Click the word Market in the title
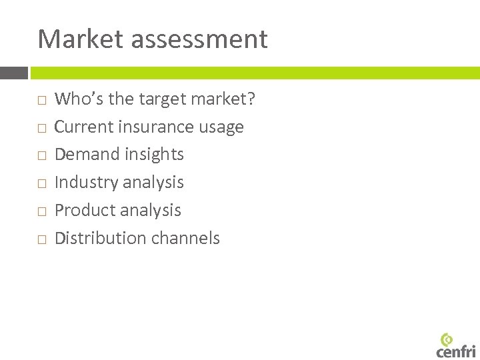pyautogui.click(x=81, y=39)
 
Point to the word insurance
pyautogui.click(x=154, y=127)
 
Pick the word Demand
pyautogui.click(x=85, y=155)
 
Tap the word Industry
pyautogui.click(x=85, y=183)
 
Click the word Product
pyautogui.click(x=83, y=210)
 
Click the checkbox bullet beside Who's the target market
pyautogui.click(x=41, y=100)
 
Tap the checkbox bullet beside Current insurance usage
pyautogui.click(x=41, y=128)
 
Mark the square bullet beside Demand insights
pyautogui.click(x=41, y=156)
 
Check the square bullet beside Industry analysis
pyautogui.click(x=41, y=183)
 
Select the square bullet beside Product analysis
pyautogui.click(x=41, y=211)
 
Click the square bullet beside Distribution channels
pyautogui.click(x=41, y=239)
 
